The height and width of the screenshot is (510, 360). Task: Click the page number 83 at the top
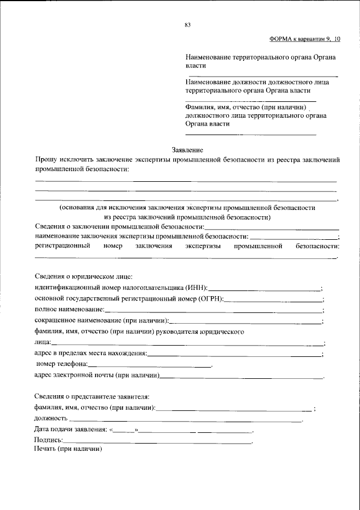click(187, 25)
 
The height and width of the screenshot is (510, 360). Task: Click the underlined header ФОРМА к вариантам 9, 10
click(305, 39)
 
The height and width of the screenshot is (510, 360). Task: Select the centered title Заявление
click(187, 150)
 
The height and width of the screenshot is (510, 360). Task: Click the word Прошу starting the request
click(46, 160)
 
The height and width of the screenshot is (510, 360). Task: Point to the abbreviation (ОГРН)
click(211, 298)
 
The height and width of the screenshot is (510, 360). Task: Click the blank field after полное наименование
click(214, 310)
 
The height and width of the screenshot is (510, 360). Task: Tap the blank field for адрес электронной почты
click(242, 375)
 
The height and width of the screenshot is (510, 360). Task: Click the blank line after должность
click(186, 419)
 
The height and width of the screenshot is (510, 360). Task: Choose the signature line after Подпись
click(157, 441)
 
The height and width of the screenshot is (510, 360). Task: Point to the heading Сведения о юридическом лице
click(83, 276)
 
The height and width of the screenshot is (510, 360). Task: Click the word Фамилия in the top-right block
click(199, 107)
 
